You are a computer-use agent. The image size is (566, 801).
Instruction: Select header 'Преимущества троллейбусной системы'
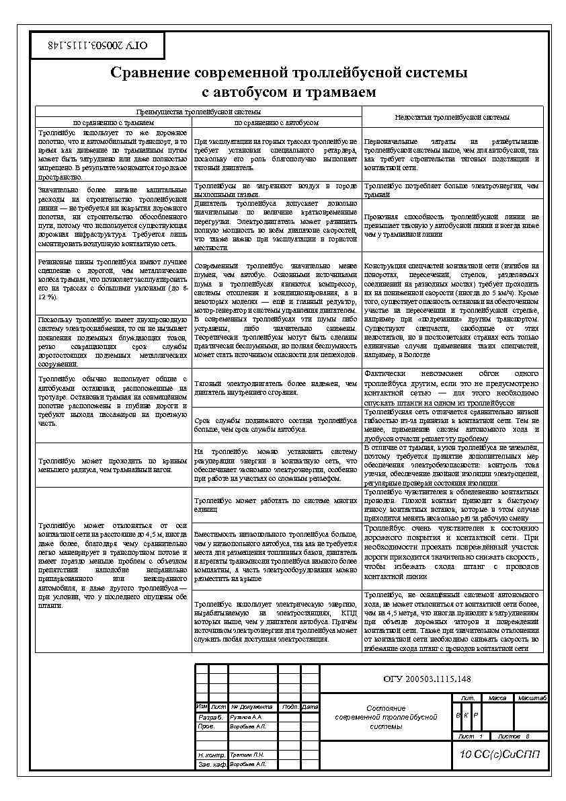(x=198, y=112)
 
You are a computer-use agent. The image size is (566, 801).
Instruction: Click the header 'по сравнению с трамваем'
(x=114, y=123)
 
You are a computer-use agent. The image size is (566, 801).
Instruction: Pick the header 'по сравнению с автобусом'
(x=276, y=123)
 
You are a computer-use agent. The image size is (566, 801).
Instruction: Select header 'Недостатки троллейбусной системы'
(x=452, y=117)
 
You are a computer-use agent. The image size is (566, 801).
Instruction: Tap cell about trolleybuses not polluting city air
(x=276, y=189)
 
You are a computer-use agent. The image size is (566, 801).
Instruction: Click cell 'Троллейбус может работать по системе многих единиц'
(x=276, y=504)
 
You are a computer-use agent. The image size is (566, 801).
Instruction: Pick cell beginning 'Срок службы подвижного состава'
(x=276, y=424)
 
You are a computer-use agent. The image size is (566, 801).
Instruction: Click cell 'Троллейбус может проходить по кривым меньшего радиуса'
(x=114, y=465)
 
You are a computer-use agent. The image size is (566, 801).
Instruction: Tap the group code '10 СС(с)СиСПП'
(x=499, y=756)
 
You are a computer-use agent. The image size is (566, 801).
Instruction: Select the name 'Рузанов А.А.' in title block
(x=246, y=717)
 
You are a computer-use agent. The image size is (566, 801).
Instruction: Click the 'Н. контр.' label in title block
(x=210, y=755)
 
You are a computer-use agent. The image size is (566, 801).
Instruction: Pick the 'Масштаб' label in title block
(x=532, y=698)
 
